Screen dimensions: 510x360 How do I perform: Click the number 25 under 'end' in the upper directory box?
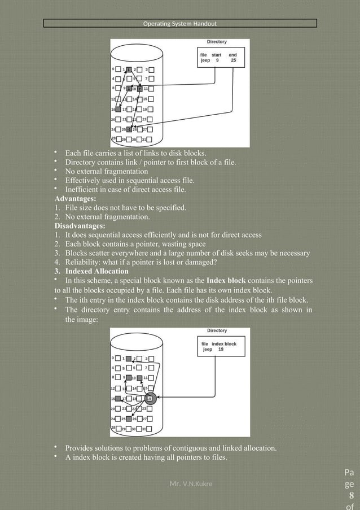pyautogui.click(x=234, y=60)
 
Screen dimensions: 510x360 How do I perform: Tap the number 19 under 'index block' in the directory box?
pyautogui.click(x=221, y=350)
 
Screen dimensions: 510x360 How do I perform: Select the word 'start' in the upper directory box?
pyautogui.click(x=217, y=54)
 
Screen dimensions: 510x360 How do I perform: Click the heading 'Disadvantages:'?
pyautogui.click(x=80, y=226)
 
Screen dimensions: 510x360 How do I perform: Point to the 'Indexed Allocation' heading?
pyautogui.click(x=96, y=272)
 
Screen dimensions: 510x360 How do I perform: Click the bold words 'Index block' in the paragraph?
pyautogui.click(x=225, y=281)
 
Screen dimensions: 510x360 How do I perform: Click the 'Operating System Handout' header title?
pyautogui.click(x=179, y=24)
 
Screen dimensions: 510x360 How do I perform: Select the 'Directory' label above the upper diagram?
pyautogui.click(x=217, y=42)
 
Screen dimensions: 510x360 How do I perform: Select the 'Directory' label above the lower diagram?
pyautogui.click(x=217, y=330)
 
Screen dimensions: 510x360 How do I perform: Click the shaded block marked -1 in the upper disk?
pyautogui.click(x=129, y=129)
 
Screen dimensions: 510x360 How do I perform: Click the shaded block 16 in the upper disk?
pyautogui.click(x=118, y=109)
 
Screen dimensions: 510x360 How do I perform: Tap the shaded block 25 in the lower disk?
pyautogui.click(x=129, y=419)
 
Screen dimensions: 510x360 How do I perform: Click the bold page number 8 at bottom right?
pyautogui.click(x=352, y=497)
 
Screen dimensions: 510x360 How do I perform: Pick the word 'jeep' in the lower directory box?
pyautogui.click(x=208, y=350)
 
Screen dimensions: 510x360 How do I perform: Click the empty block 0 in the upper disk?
pyautogui.click(x=118, y=69)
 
